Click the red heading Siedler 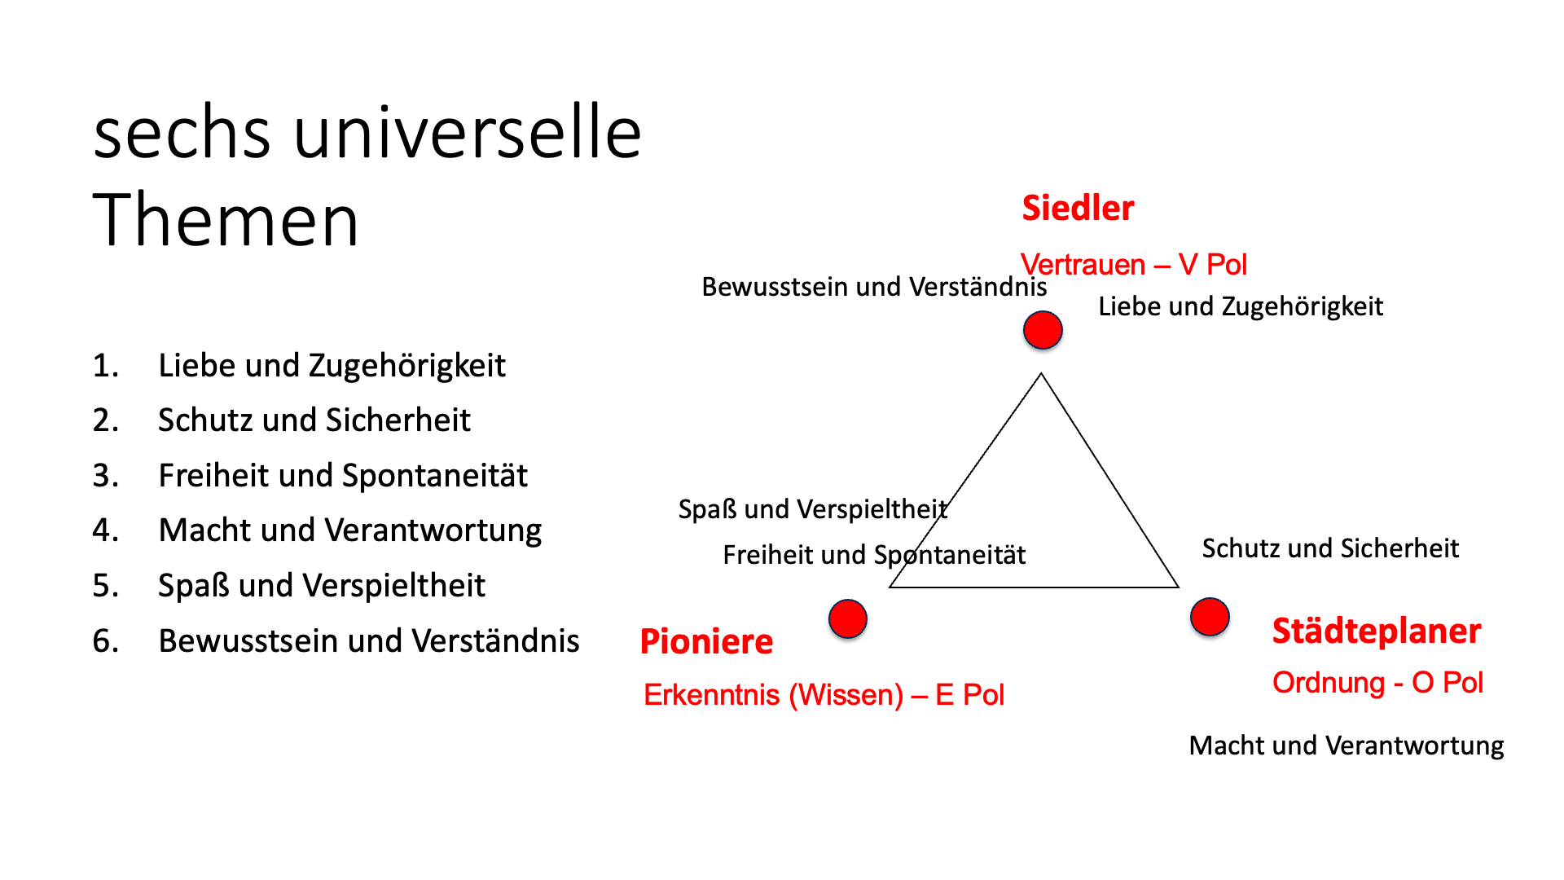1078,209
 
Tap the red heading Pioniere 706,642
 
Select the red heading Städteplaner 1377,631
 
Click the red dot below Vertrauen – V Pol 1043,330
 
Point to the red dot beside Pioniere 848,619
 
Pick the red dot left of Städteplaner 1210,617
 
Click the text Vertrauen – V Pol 1134,265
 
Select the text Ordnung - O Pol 1378,683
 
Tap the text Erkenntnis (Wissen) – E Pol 824,695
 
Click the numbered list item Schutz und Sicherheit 314,420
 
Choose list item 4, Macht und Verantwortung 350,530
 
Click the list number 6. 106,641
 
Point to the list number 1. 106,366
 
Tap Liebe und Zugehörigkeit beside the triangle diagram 1241,307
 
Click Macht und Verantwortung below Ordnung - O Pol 1347,746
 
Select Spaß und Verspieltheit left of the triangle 813,509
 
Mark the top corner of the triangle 1041,374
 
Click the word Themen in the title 226,220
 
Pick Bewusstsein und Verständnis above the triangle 874,288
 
